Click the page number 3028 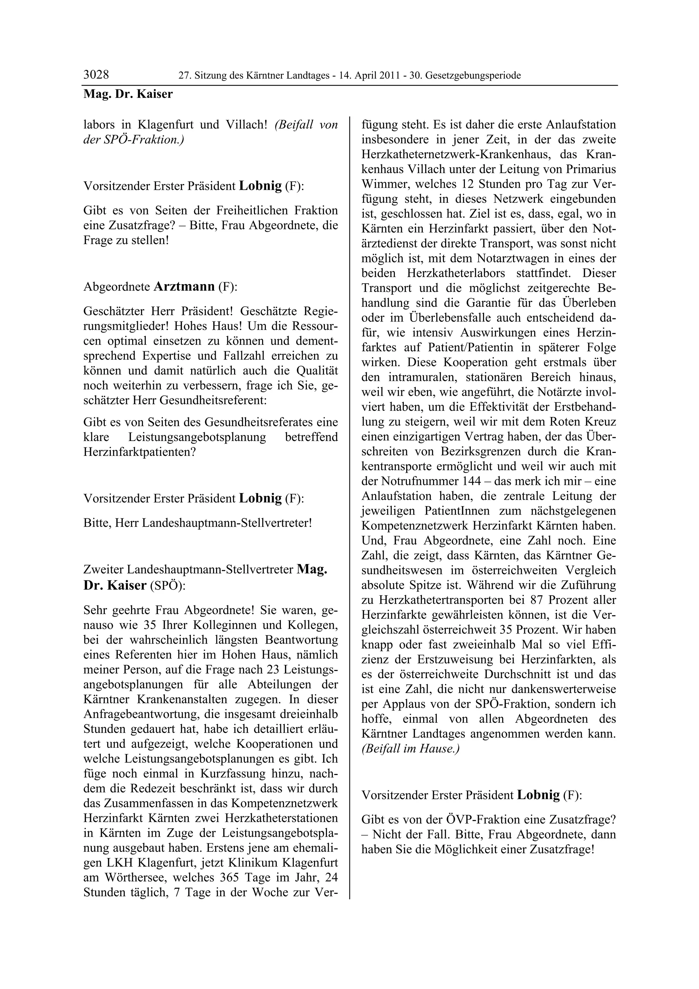[96, 75]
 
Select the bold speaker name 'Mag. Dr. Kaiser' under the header [128, 94]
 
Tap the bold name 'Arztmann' [184, 286]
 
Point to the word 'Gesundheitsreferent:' [213, 400]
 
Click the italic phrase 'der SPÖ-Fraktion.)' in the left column [133, 140]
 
